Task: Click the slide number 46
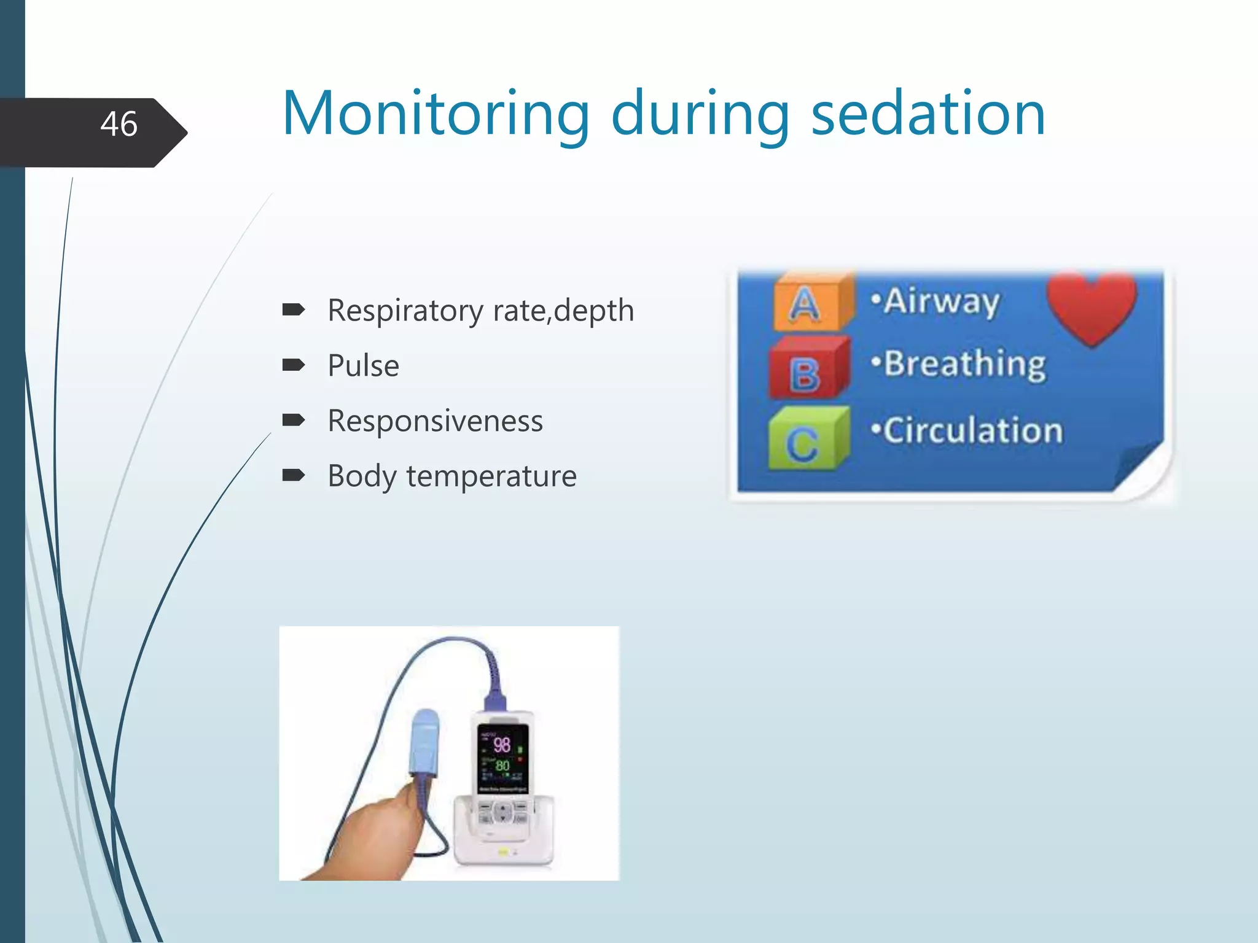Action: [x=119, y=124]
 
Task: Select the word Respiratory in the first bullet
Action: [x=405, y=311]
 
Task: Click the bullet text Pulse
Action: [x=363, y=366]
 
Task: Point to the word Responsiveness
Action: [x=435, y=421]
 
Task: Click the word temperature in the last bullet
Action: [x=491, y=476]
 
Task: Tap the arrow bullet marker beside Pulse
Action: [x=293, y=365]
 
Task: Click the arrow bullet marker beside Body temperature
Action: [x=293, y=475]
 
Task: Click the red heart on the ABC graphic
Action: [x=1092, y=306]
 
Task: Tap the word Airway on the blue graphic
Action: [x=941, y=301]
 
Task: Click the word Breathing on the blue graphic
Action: [x=964, y=364]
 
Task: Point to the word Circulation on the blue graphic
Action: [x=973, y=430]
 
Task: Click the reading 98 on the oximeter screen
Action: [x=502, y=745]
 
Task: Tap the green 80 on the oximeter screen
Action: [x=502, y=766]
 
